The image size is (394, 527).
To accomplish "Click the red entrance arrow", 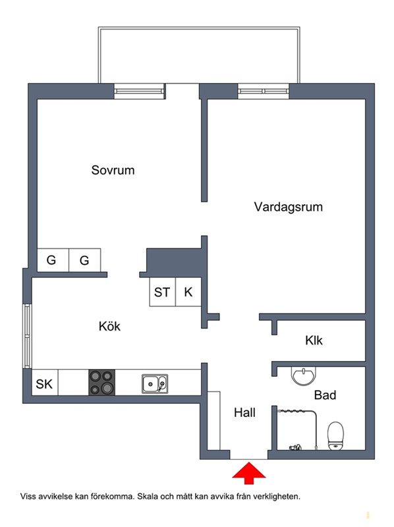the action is (249, 473).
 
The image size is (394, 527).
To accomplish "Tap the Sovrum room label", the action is (113, 170).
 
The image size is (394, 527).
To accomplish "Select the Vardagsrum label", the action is (288, 207).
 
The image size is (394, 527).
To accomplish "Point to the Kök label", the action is (109, 326).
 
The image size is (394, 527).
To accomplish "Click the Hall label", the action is (244, 412).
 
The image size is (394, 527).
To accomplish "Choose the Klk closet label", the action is (314, 340).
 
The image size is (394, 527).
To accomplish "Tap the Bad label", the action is (325, 395).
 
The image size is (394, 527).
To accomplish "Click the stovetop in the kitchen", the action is (102, 383).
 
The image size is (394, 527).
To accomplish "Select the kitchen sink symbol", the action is (155, 383).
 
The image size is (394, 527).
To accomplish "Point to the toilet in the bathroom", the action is (335, 436).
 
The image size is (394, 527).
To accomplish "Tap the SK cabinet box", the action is (45, 383).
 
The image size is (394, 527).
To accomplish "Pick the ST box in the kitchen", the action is (162, 292).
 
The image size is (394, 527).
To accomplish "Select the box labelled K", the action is (188, 292).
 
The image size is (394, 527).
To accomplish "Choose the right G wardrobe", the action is (85, 260).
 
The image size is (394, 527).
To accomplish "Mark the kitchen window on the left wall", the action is (27, 336).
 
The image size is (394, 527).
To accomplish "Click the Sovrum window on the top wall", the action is (139, 91).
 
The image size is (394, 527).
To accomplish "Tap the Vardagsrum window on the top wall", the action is (264, 91).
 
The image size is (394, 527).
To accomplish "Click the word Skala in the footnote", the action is (148, 496).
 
